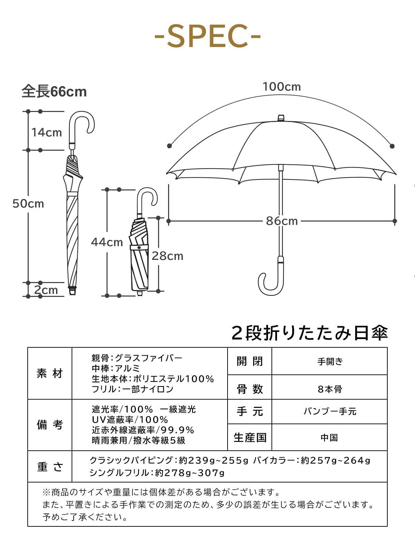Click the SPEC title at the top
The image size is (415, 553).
[x=207, y=36]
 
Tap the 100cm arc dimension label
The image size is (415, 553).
[x=282, y=86]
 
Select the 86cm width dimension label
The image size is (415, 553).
[x=282, y=221]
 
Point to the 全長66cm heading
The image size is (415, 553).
[x=54, y=92]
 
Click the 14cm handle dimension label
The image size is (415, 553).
[x=47, y=132]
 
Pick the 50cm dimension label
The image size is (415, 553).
[x=28, y=204]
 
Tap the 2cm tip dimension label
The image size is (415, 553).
[x=46, y=290]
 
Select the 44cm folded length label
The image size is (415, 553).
[x=107, y=242]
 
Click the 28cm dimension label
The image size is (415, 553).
[x=167, y=256]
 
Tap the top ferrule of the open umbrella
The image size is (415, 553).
[x=281, y=118]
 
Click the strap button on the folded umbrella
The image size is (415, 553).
[x=139, y=247]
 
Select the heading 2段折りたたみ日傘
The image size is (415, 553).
[x=310, y=333]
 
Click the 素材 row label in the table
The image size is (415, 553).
[x=50, y=373]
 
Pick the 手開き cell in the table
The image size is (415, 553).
[x=330, y=362]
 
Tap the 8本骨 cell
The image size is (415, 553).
[x=330, y=389]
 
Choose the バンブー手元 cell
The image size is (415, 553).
[x=330, y=411]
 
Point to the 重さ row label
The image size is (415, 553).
[x=50, y=467]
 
